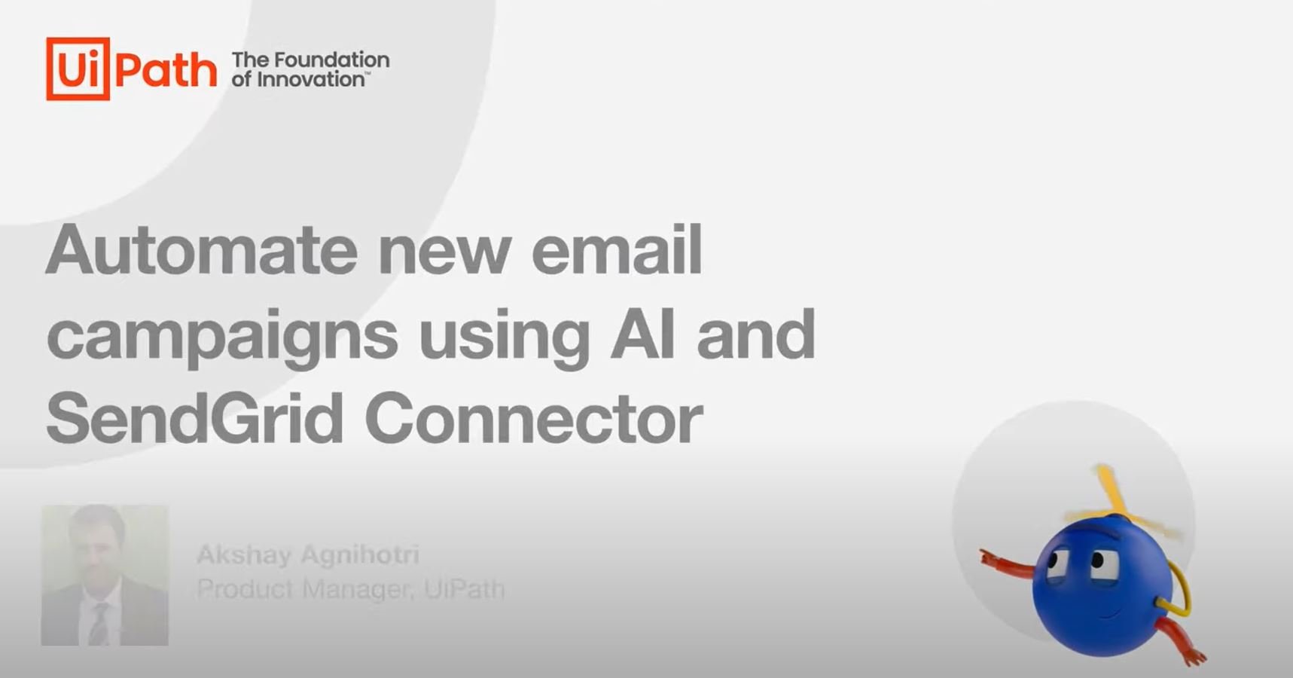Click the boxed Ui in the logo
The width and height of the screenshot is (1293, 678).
click(x=78, y=69)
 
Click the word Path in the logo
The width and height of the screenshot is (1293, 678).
click(x=166, y=70)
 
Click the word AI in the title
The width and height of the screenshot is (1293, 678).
click(x=642, y=333)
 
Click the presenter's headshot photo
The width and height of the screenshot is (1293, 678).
click(x=105, y=575)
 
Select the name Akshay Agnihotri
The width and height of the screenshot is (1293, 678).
click(x=307, y=555)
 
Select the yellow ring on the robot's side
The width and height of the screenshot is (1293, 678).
click(x=1176, y=595)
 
